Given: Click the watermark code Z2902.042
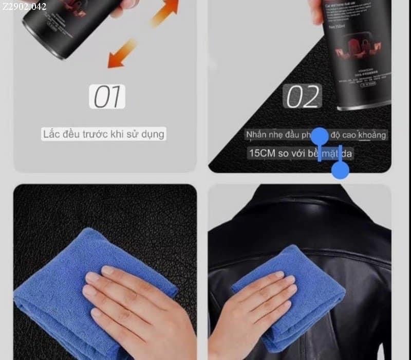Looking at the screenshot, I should (x=24, y=7).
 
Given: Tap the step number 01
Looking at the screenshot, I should (x=107, y=96).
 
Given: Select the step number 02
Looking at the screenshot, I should (x=303, y=96).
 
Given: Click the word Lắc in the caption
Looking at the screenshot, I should (x=52, y=134).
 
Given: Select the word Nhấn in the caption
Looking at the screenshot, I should (x=256, y=135).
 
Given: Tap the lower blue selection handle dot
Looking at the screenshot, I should (x=340, y=170).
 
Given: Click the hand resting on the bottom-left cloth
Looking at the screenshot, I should (x=136, y=303).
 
